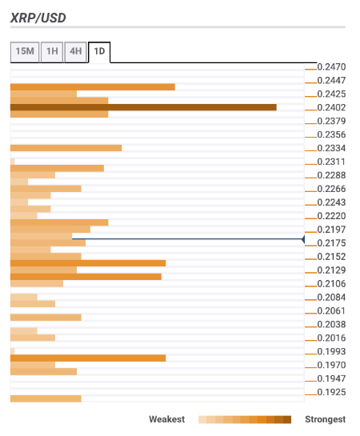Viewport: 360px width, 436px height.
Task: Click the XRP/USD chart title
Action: click(x=38, y=18)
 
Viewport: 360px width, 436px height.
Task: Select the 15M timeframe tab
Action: click(x=25, y=52)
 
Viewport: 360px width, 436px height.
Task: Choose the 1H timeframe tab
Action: click(x=52, y=52)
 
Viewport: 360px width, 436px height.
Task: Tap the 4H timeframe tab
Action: click(x=76, y=52)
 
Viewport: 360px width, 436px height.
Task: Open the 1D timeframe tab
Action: click(x=99, y=52)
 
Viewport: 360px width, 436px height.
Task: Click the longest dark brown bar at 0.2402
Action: click(x=143, y=107)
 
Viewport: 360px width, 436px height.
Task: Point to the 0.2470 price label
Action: click(x=331, y=67)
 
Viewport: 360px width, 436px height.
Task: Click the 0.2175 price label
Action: click(x=331, y=243)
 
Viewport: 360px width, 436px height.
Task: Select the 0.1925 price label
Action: click(x=331, y=392)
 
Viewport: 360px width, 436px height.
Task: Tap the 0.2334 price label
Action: click(x=331, y=148)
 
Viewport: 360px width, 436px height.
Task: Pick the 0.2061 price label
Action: click(x=331, y=311)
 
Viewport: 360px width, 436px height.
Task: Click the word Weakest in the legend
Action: click(x=166, y=419)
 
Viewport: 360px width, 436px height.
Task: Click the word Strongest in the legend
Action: click(x=326, y=419)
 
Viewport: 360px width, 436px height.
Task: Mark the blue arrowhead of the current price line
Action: click(x=303, y=239)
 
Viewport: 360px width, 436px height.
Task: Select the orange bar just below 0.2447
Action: click(x=93, y=87)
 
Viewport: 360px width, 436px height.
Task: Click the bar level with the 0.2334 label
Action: click(x=66, y=148)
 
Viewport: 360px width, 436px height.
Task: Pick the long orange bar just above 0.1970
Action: click(x=88, y=358)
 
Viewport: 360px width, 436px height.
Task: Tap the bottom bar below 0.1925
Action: click(x=46, y=398)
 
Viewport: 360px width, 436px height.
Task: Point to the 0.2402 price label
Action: click(x=331, y=108)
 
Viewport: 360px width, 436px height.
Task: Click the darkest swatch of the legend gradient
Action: click(x=287, y=419)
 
